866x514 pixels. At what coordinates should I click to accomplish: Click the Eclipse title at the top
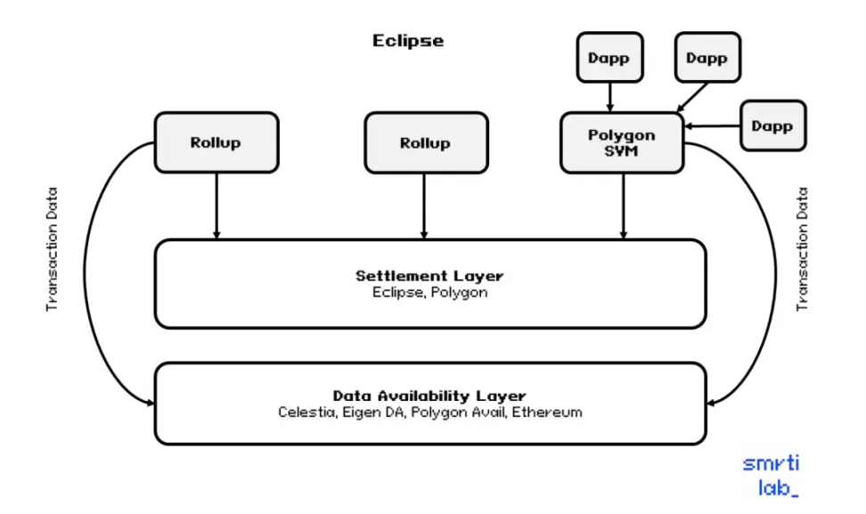(x=407, y=41)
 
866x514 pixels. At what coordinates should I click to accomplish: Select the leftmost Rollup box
(x=216, y=143)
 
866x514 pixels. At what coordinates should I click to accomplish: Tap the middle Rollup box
(x=426, y=143)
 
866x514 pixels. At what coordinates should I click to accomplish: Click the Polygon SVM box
(x=622, y=143)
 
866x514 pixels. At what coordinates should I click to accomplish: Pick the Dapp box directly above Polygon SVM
(x=609, y=57)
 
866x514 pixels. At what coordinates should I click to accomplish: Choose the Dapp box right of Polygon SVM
(x=772, y=126)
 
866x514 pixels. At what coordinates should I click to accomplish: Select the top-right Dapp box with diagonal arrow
(x=707, y=57)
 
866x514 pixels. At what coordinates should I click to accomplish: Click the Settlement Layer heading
(x=429, y=275)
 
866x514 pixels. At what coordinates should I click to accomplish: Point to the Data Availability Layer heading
(x=429, y=396)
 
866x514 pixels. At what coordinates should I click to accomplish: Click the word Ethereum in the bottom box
(x=547, y=412)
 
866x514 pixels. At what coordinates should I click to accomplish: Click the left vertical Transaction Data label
(x=52, y=249)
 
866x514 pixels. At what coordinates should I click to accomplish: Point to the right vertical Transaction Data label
(x=802, y=249)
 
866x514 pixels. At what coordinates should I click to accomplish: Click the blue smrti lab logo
(x=772, y=476)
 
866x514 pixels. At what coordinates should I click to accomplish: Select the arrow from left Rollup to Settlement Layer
(x=216, y=206)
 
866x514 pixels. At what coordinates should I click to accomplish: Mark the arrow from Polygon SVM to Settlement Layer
(x=624, y=206)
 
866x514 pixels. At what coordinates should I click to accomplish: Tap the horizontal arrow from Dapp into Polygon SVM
(x=713, y=126)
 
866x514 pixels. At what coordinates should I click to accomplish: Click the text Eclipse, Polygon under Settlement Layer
(x=429, y=292)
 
